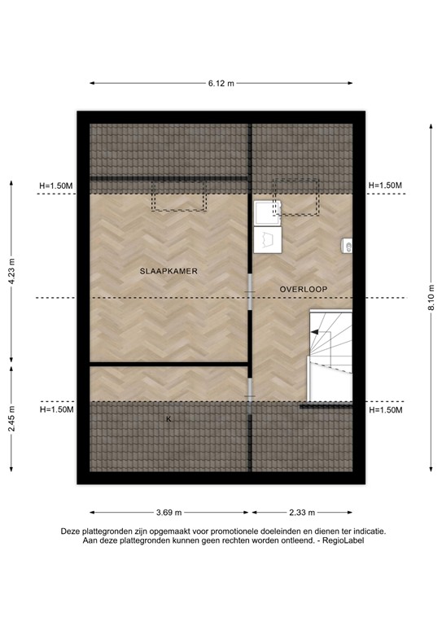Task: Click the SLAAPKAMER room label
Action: pyautogui.click(x=168, y=270)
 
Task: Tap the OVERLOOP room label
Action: pyautogui.click(x=303, y=289)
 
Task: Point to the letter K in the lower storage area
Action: pyautogui.click(x=168, y=419)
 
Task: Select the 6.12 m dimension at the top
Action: pyautogui.click(x=221, y=83)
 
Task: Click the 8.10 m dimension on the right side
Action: pyautogui.click(x=431, y=297)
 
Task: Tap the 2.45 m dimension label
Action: pyautogui.click(x=11, y=422)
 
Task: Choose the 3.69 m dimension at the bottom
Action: pyautogui.click(x=168, y=513)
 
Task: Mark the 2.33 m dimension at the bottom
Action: pyautogui.click(x=303, y=513)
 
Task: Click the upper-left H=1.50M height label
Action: pyautogui.click(x=56, y=186)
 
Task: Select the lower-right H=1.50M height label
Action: pyautogui.click(x=385, y=410)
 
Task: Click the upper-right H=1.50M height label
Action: pyautogui.click(x=385, y=186)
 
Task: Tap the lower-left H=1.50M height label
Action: pyautogui.click(x=56, y=410)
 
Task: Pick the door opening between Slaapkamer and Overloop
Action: pyautogui.click(x=251, y=289)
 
